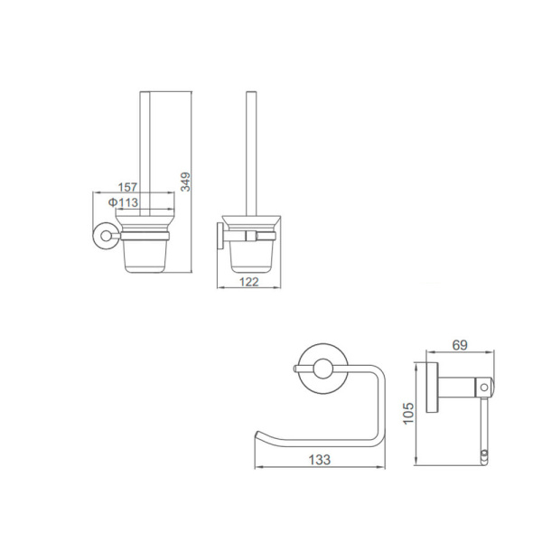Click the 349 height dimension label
click(185, 182)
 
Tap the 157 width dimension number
click(127, 187)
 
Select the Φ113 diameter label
click(124, 202)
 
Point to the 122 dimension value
click(249, 282)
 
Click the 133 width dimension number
click(320, 460)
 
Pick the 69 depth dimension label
click(460, 345)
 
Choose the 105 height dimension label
click(408, 413)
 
